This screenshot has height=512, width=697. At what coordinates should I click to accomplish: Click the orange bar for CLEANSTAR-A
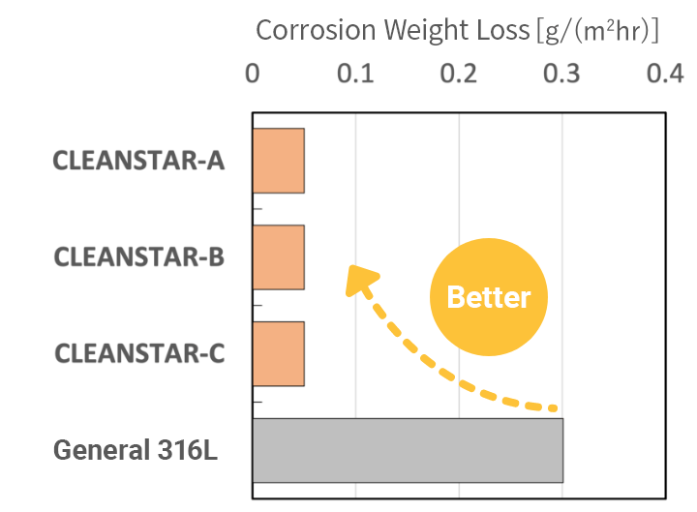(x=279, y=161)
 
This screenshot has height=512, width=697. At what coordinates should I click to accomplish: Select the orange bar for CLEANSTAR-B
(x=279, y=257)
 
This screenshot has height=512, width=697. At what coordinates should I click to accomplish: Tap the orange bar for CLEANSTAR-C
(x=279, y=354)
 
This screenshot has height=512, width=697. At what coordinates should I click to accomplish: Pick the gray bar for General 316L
(x=408, y=450)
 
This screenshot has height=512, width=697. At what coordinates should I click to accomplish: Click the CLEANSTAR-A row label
(x=138, y=160)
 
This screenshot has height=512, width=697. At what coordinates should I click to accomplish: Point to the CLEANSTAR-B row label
(x=138, y=256)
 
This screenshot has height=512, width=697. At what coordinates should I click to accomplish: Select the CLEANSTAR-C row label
(x=138, y=353)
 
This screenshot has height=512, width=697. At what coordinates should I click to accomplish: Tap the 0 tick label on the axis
(x=253, y=74)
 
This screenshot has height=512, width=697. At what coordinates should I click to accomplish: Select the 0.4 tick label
(x=665, y=74)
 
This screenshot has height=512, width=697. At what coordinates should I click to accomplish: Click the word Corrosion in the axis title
(x=316, y=30)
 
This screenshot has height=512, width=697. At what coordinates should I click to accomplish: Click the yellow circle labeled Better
(x=489, y=297)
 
